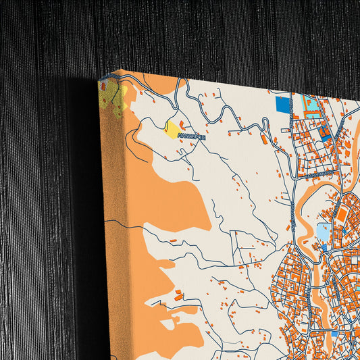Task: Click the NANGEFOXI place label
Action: (x=191, y=136)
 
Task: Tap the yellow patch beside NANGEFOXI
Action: (x=173, y=129)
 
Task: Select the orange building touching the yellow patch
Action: (x=181, y=123)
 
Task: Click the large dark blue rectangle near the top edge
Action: (x=283, y=105)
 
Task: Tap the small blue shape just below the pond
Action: (x=324, y=248)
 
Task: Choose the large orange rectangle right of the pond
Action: (x=342, y=216)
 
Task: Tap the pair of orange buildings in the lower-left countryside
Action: (x=179, y=295)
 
